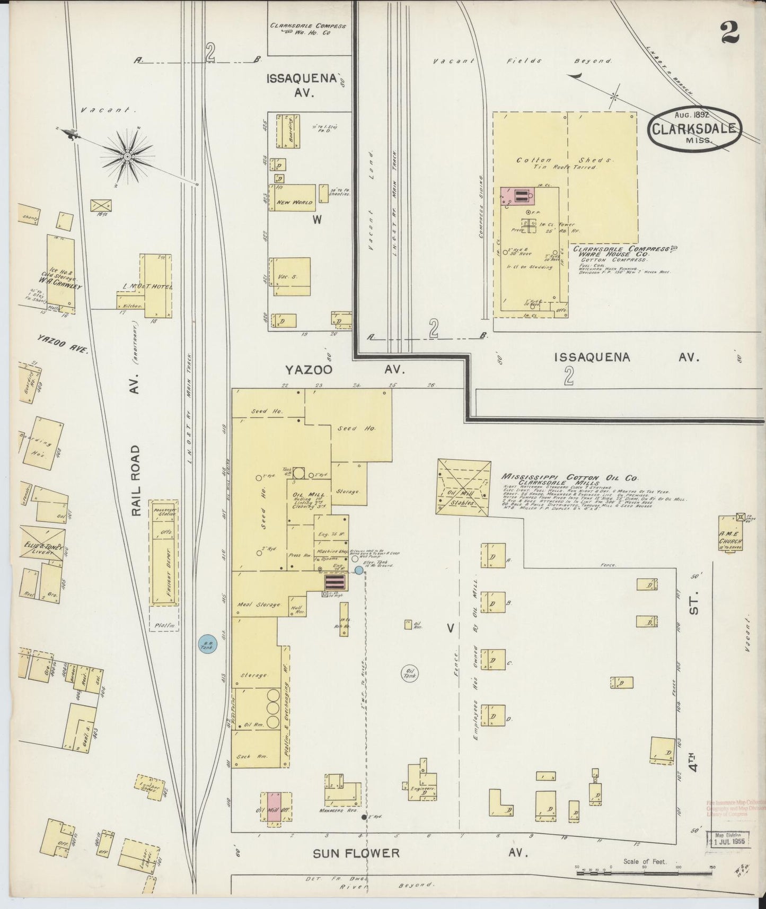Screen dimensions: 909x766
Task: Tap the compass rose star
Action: (x=127, y=158)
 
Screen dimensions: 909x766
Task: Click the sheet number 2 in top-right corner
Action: (x=729, y=33)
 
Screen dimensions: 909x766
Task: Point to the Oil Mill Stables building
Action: (x=463, y=487)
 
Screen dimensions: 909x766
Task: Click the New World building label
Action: (x=295, y=202)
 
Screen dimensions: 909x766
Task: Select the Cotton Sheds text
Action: (x=565, y=160)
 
